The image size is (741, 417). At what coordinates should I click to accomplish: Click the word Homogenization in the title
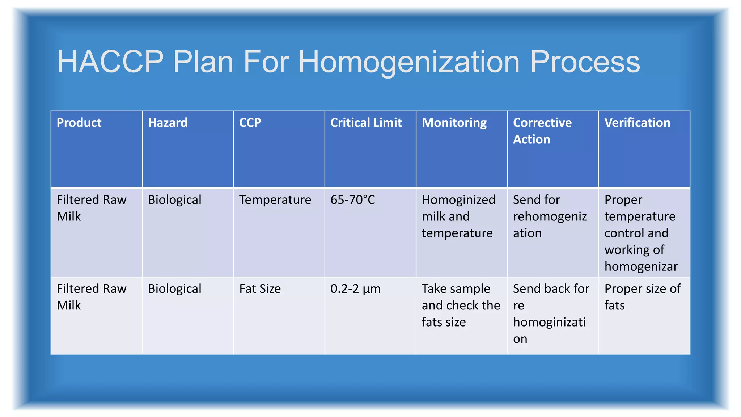[x=409, y=62]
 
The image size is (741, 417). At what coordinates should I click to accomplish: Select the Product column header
[x=79, y=123]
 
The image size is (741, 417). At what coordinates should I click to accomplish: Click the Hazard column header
[x=168, y=123]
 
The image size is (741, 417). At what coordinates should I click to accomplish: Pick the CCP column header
[x=250, y=123]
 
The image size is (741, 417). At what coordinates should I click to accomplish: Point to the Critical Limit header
[x=366, y=123]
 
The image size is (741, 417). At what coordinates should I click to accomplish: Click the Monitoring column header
[x=454, y=123]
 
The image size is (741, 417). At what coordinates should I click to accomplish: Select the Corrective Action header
[x=542, y=131]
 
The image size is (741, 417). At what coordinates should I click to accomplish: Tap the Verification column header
[x=637, y=123]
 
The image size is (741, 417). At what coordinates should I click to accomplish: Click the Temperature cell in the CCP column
[x=275, y=200]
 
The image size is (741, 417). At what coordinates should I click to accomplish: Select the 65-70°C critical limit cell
[x=352, y=200]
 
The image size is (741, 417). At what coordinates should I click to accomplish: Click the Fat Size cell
[x=260, y=289]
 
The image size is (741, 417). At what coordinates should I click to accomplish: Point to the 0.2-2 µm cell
[x=355, y=289]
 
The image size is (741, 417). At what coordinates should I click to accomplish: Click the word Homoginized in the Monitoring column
[x=458, y=200]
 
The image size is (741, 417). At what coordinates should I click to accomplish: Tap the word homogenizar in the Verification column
[x=641, y=266]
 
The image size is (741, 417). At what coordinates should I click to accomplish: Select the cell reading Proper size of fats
[x=642, y=297]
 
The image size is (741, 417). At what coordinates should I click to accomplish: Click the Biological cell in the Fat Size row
[x=174, y=289]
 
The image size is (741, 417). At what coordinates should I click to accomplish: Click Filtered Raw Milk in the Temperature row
[x=92, y=208]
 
